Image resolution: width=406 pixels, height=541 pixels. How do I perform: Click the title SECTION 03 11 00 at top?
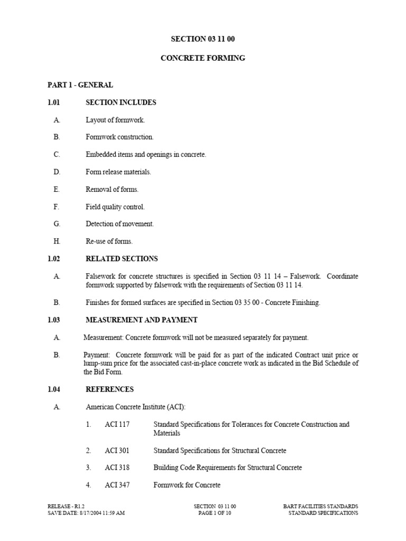click(203, 39)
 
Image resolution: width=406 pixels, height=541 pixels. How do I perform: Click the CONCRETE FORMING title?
click(203, 58)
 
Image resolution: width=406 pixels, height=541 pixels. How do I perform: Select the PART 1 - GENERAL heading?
click(80, 85)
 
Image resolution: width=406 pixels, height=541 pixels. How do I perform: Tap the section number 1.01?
click(54, 102)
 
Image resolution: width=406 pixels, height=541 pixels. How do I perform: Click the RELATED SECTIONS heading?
click(122, 259)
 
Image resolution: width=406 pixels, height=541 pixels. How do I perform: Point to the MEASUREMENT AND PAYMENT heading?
click(141, 320)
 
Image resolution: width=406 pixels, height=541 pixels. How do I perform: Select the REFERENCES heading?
click(109, 389)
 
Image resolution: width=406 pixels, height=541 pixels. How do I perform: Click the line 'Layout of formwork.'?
click(115, 120)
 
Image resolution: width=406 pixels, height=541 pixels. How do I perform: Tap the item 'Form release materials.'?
click(118, 172)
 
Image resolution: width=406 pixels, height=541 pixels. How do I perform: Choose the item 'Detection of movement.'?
click(120, 224)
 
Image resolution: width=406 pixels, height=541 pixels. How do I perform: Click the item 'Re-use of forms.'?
click(109, 241)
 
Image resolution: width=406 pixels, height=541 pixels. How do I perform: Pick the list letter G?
click(57, 224)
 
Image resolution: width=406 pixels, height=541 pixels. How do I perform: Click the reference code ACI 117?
click(117, 424)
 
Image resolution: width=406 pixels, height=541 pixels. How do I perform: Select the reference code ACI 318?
click(117, 468)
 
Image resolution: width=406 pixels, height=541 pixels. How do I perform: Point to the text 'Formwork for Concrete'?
click(187, 485)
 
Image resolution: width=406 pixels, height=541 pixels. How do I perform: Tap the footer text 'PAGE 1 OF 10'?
click(215, 513)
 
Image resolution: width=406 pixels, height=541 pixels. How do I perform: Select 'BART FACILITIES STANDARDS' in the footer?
click(320, 507)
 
